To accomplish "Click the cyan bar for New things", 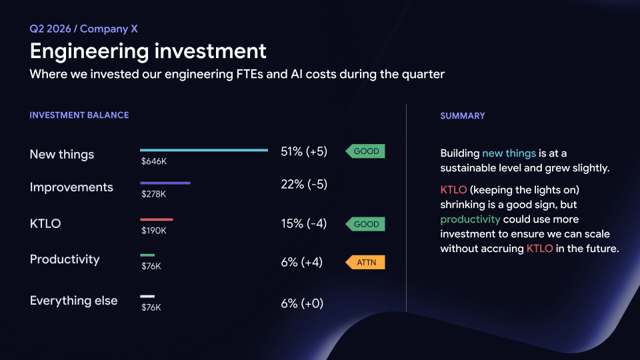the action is tap(204, 150).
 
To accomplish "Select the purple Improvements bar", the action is tap(165, 183).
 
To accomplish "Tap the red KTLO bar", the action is tap(156, 219).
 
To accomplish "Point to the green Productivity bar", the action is tap(147, 255).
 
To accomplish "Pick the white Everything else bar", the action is tap(147, 296).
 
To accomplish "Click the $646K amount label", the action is tap(154, 161).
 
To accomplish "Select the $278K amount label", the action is tap(154, 194).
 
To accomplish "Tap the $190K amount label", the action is tap(154, 231).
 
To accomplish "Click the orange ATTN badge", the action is tap(365, 263).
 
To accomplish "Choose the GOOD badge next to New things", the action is tap(365, 151).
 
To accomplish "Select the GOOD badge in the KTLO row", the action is tap(365, 224).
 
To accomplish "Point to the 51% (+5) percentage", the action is tap(304, 151).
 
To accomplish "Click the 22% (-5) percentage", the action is tap(304, 184).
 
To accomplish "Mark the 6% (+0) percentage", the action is tap(302, 303).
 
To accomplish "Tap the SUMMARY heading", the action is tap(463, 116).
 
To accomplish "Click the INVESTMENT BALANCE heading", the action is tap(79, 115).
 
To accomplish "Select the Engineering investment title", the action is tap(148, 51).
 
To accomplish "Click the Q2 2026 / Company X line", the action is tap(84, 29).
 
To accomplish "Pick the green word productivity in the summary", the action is tap(470, 219).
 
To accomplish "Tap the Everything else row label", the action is tap(73, 301).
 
